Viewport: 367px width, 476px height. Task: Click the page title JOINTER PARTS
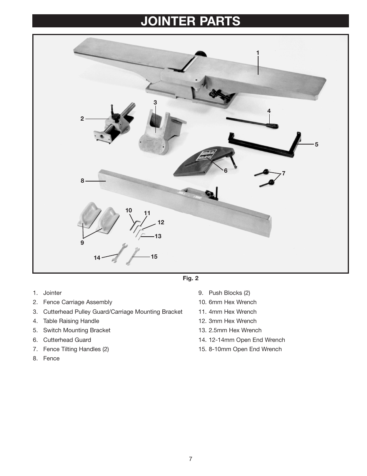190,21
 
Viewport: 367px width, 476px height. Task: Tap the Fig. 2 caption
190,278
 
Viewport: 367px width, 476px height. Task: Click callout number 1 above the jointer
258,53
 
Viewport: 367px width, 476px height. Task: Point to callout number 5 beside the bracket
317,145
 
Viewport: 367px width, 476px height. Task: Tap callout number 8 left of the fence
82,180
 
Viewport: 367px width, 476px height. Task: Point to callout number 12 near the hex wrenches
161,222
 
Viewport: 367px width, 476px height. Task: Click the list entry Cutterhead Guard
67,340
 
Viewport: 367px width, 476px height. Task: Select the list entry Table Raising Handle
71,321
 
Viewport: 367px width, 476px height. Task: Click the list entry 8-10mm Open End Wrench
245,349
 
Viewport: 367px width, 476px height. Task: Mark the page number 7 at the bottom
190,459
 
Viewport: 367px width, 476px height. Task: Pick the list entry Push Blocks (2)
229,293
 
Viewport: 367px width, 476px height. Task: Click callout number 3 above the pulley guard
155,103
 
